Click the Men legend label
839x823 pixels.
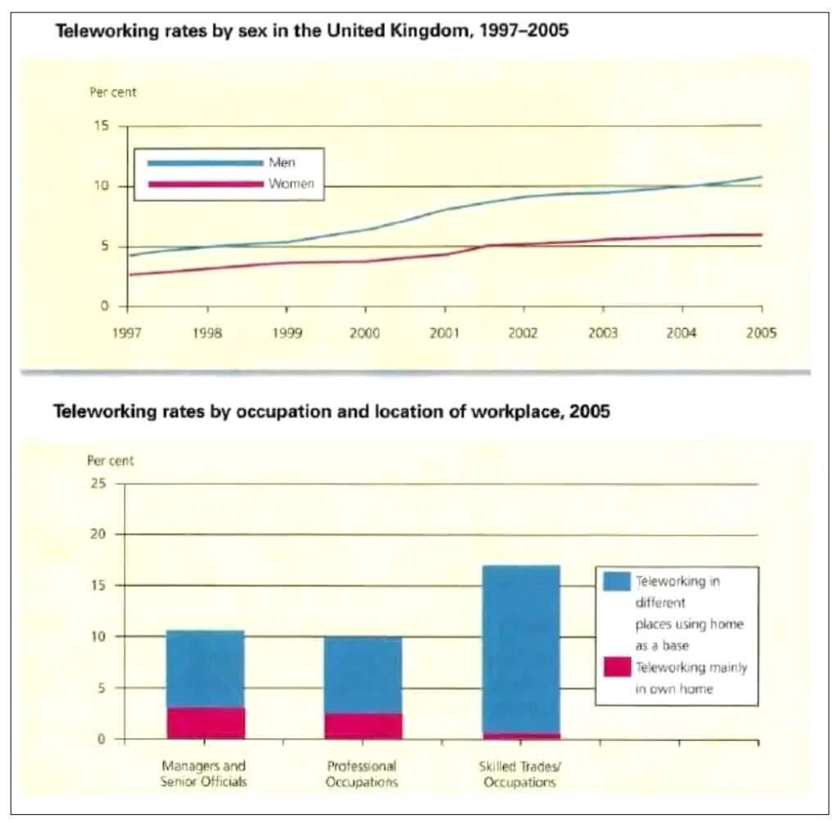coord(282,162)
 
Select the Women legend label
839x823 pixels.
coord(291,184)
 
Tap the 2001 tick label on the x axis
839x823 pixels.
coord(444,334)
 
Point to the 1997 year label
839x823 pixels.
coord(127,334)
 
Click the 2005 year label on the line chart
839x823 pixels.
coord(761,334)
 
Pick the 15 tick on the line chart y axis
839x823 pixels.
coord(103,126)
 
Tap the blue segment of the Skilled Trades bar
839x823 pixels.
coord(519,648)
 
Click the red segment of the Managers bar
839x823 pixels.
coord(205,723)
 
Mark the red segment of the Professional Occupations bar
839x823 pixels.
coord(363,726)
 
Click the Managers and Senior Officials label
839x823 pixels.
coord(203,775)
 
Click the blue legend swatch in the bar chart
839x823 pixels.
coord(617,581)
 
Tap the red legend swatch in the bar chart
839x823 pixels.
coord(617,667)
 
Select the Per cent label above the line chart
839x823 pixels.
coord(113,92)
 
